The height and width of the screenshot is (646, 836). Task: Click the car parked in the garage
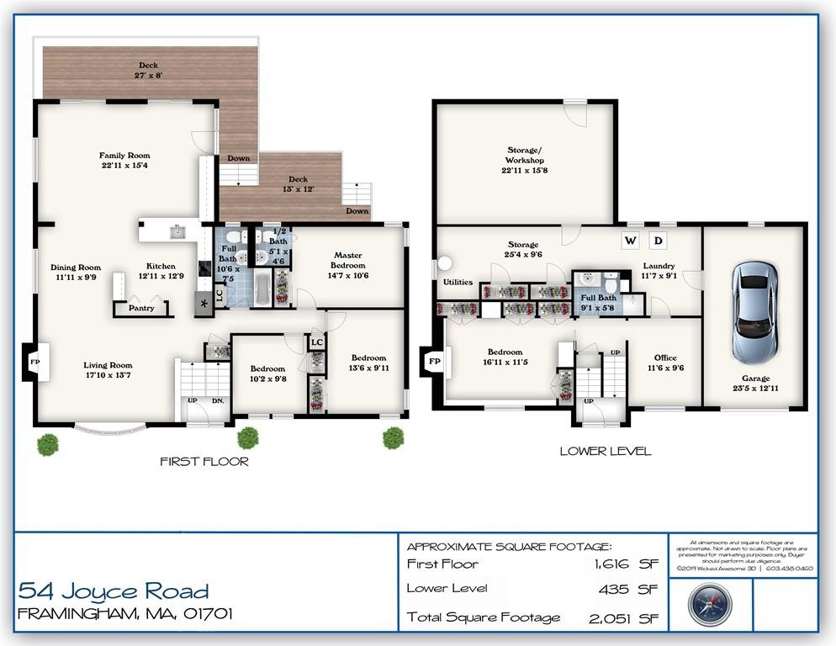[754, 311]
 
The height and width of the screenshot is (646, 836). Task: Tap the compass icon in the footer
[709, 604]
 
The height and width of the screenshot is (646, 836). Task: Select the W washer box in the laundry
[629, 241]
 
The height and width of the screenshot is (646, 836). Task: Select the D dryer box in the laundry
[659, 241]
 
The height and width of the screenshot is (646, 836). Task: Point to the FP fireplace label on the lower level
[434, 362]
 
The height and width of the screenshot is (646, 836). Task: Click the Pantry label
[140, 309]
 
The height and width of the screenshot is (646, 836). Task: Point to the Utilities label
[458, 283]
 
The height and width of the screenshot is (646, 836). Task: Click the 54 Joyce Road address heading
[114, 590]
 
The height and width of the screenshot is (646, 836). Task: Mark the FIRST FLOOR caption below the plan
[204, 461]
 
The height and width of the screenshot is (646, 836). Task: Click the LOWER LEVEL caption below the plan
[605, 451]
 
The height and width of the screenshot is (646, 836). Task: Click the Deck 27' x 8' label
[148, 70]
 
